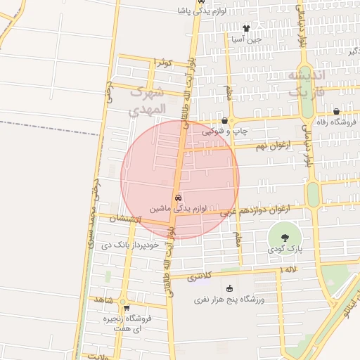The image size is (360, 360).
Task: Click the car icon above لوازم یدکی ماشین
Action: (x=178, y=198)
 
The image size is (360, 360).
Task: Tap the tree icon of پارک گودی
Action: (x=285, y=237)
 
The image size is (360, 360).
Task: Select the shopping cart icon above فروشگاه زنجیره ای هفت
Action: (x=126, y=307)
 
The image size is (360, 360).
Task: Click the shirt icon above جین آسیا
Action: (x=245, y=28)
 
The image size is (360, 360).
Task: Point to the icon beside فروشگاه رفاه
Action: (x=336, y=111)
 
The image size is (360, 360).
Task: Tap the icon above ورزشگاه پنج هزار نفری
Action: (x=229, y=288)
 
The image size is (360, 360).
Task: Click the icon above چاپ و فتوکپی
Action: (x=224, y=120)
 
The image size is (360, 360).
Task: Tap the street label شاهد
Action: (x=103, y=300)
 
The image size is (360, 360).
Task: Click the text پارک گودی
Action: (x=285, y=250)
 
